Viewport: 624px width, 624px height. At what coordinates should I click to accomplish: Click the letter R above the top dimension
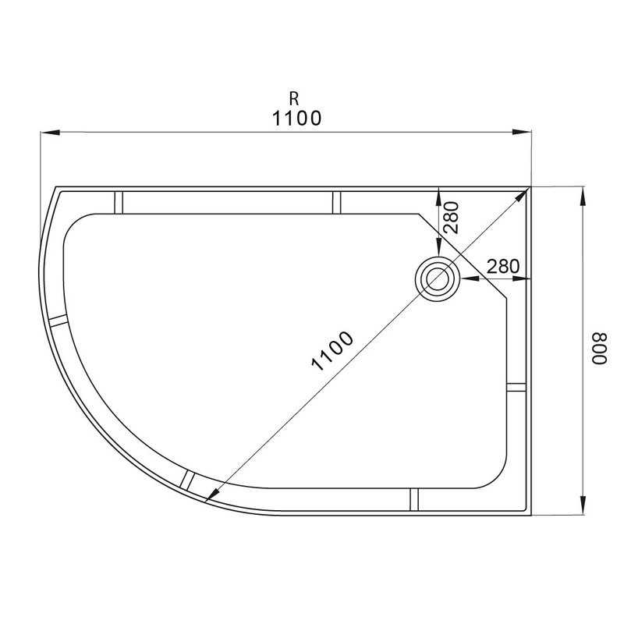click(x=294, y=98)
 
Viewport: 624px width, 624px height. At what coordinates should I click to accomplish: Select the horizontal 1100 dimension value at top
click(x=296, y=119)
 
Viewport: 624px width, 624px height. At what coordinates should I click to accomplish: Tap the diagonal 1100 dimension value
click(x=332, y=351)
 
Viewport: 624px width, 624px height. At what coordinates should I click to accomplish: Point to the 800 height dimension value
click(x=599, y=348)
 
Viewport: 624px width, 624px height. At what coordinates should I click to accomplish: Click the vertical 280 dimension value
click(x=452, y=218)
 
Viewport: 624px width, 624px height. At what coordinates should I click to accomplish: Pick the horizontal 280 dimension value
click(x=503, y=266)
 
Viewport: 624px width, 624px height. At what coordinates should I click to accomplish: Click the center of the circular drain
click(x=438, y=278)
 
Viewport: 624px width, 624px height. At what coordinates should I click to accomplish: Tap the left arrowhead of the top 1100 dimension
click(x=50, y=132)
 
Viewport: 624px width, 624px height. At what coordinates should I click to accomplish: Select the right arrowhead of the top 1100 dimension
click(x=522, y=132)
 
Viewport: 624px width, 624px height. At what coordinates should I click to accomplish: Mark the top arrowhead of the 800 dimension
click(x=583, y=197)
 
